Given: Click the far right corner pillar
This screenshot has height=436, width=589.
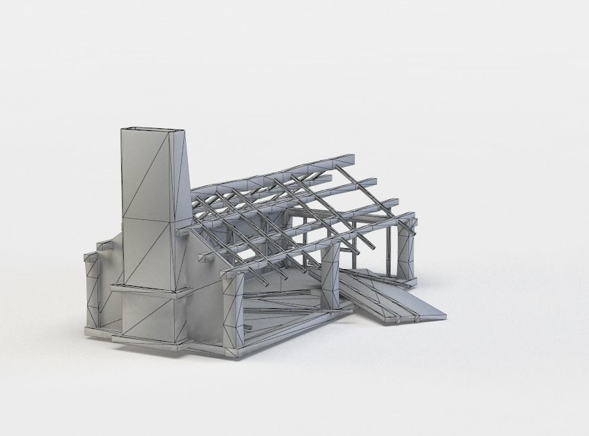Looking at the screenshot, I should (406, 252).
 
